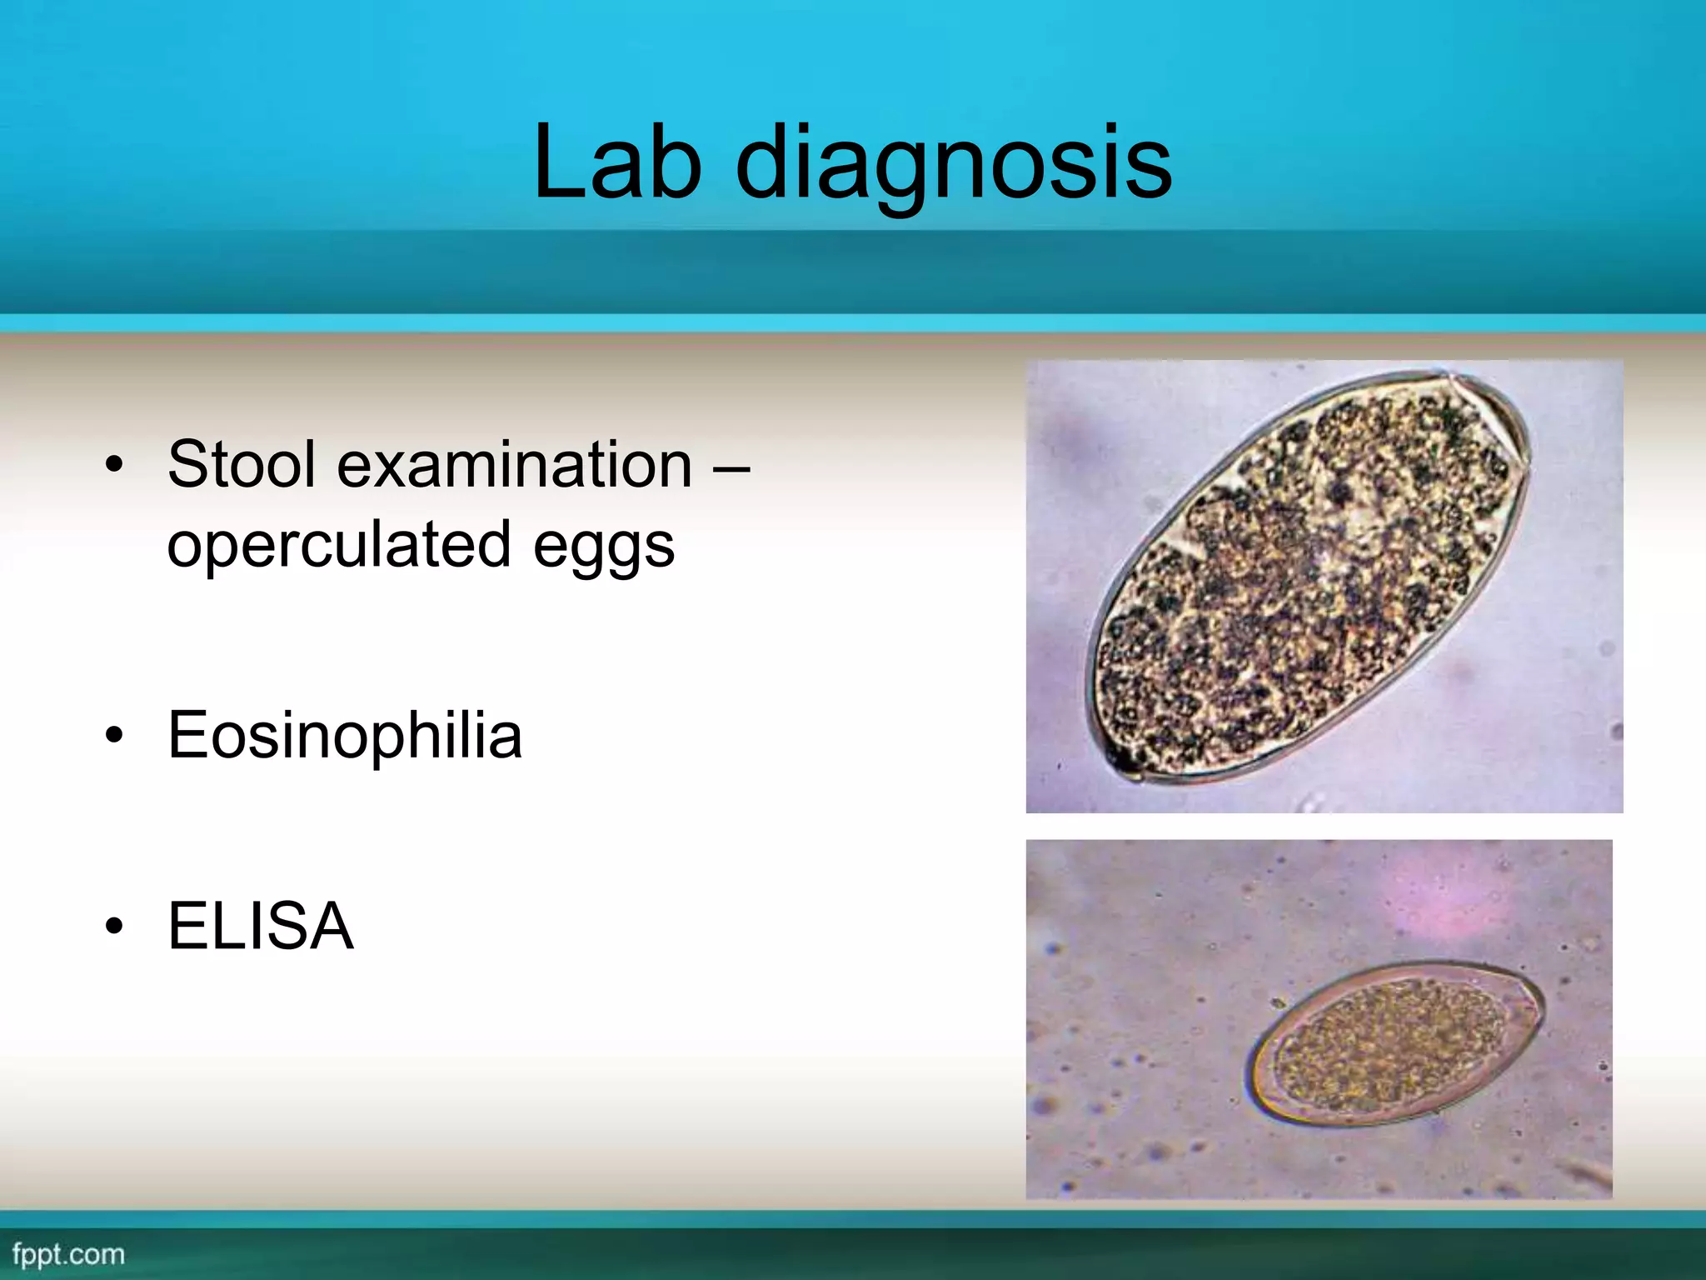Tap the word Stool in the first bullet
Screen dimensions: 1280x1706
coord(242,464)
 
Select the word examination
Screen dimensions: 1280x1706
coord(514,464)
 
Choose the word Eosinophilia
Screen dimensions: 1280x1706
coord(345,736)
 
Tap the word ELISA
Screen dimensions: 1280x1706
coord(261,926)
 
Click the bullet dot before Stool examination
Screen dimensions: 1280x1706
coord(114,465)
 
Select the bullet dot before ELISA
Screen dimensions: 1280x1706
coord(114,927)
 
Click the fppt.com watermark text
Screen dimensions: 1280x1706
coord(68,1254)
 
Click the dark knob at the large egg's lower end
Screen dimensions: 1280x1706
coord(1125,762)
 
